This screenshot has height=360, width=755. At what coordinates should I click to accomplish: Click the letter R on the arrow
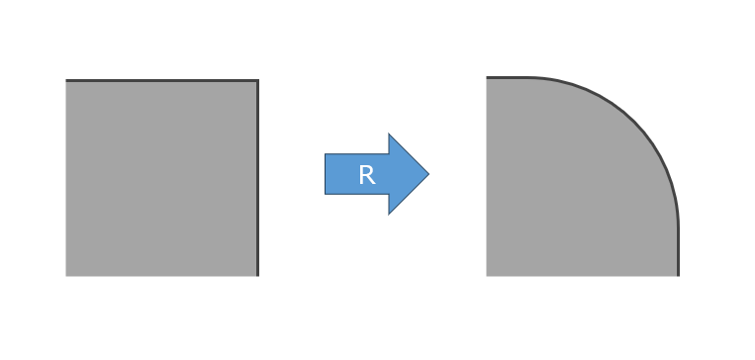367,175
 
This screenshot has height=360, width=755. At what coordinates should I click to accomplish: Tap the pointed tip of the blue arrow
428,174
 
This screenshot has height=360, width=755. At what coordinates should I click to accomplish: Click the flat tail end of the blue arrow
326,174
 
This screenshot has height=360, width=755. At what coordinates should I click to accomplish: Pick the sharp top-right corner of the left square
258,80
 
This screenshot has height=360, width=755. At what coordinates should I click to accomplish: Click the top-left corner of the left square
66,80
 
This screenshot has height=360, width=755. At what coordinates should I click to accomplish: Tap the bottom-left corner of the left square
66,276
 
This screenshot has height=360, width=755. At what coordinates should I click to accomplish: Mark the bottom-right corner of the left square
258,276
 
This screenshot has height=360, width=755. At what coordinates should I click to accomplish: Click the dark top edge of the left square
162,80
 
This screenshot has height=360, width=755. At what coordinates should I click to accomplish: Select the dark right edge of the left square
258,178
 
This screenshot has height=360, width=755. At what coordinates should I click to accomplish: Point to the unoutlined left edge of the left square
66,178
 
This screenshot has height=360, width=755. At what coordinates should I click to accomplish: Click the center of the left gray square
162,178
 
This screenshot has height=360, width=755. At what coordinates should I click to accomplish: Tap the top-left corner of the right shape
487,77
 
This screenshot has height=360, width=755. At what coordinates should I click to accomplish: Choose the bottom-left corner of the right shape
487,276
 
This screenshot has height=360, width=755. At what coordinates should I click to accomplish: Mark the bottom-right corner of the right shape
679,276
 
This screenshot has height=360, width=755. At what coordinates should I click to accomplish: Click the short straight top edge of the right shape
508,77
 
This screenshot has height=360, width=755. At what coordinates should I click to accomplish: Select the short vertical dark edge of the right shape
679,251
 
